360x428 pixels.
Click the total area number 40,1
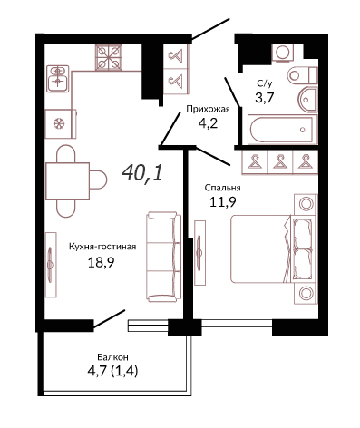142,173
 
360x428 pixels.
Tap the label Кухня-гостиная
102,247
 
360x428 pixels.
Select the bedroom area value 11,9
223,202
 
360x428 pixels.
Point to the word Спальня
222,188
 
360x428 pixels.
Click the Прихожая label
208,109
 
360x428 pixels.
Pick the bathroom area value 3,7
265,98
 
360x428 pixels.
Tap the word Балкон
112,357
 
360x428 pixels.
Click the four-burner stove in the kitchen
109,58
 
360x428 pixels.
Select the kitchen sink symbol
58,79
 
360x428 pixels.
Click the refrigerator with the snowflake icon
61,124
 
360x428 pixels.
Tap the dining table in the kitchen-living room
68,181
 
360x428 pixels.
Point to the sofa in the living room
163,257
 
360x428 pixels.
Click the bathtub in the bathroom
282,130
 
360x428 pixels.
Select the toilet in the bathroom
302,75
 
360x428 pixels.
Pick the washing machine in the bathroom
283,53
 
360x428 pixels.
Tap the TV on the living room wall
51,265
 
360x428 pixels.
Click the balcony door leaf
109,319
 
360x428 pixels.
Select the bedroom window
237,327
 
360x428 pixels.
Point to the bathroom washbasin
308,100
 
